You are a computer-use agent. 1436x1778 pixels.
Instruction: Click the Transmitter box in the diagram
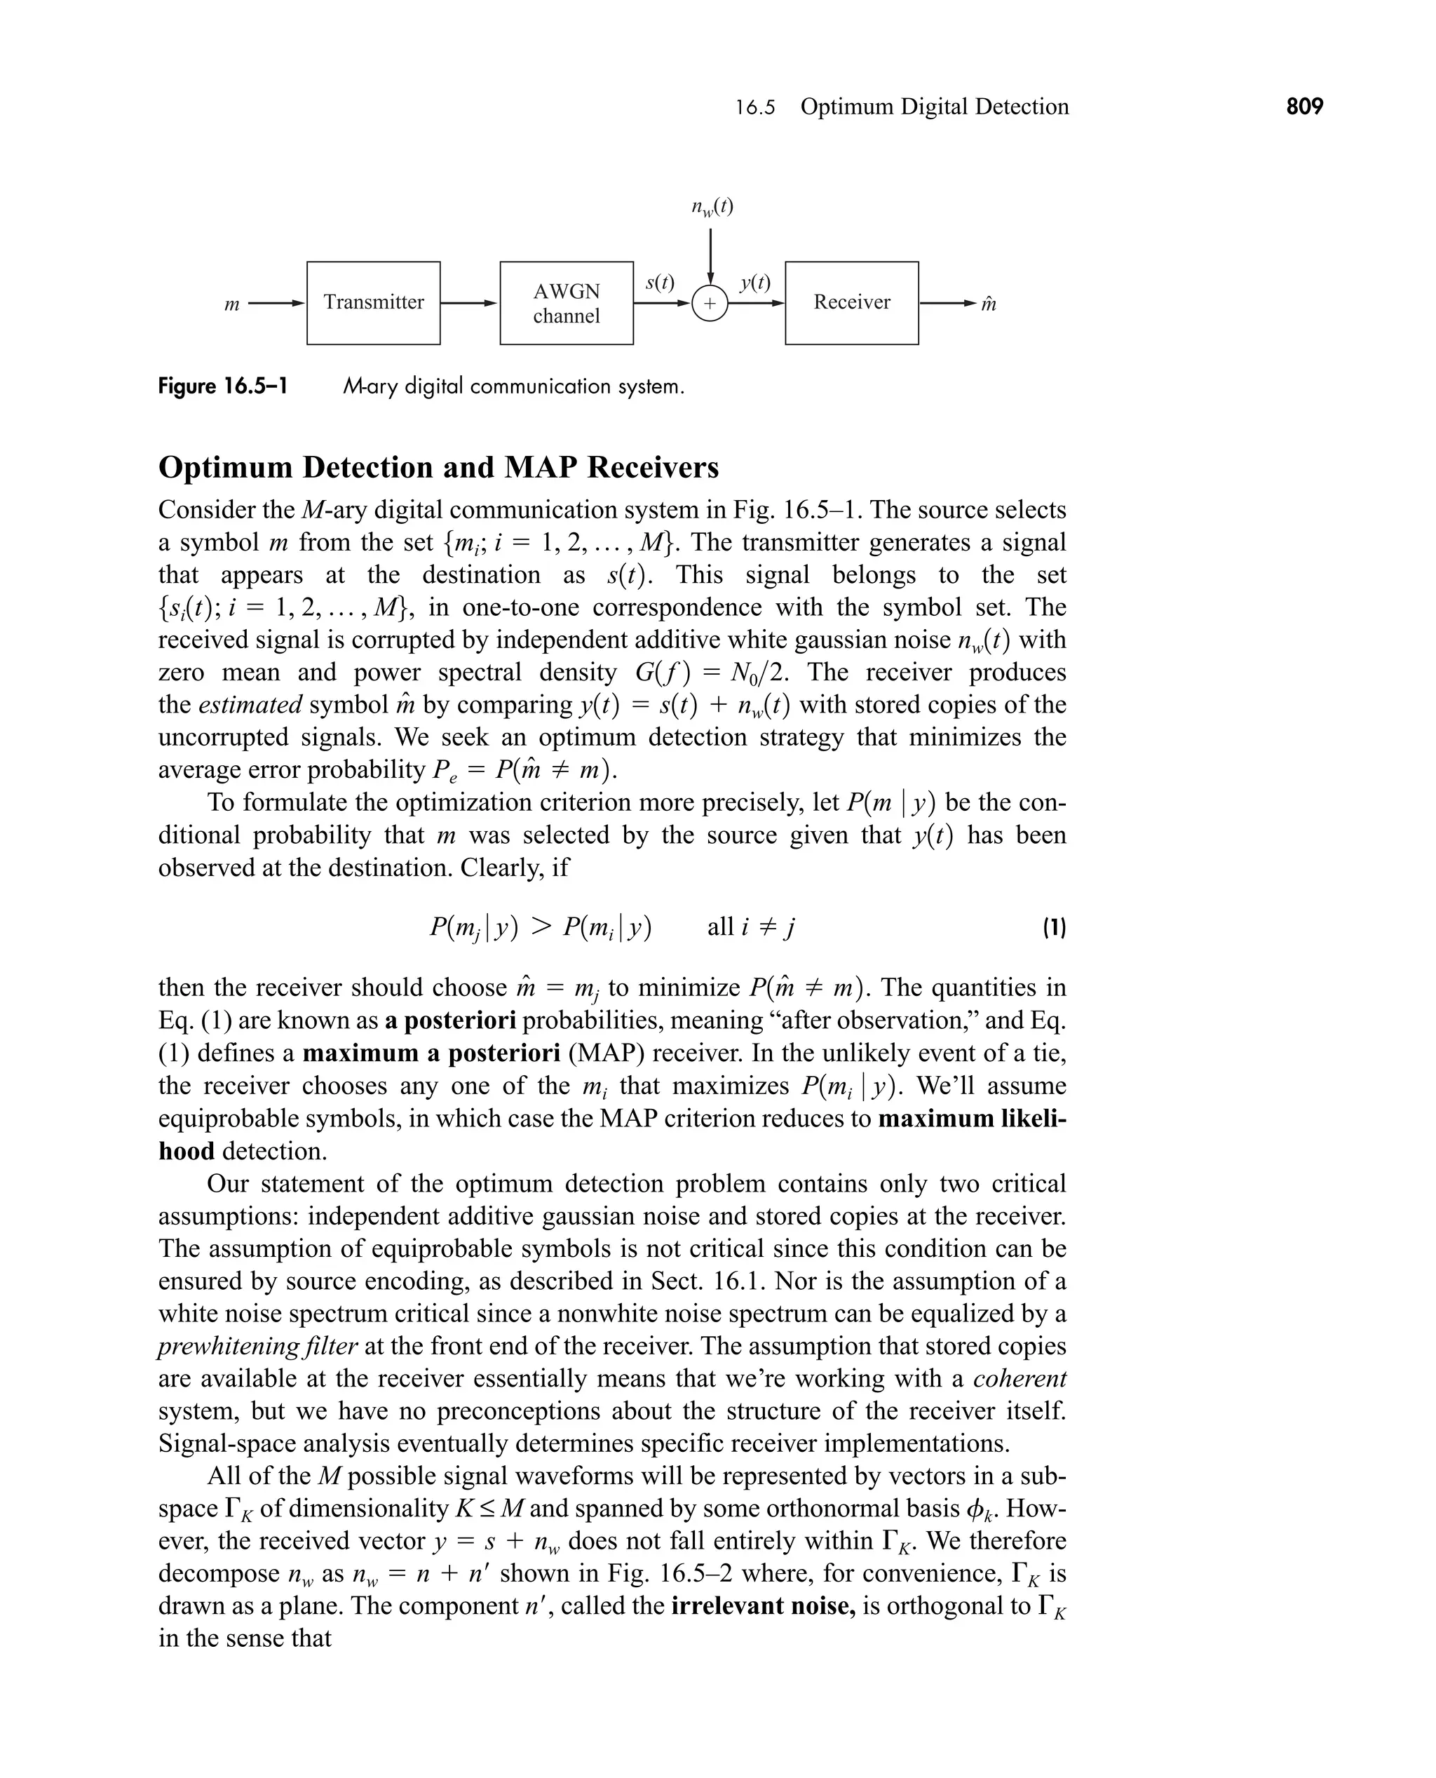point(373,303)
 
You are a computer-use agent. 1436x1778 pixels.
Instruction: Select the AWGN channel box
point(566,303)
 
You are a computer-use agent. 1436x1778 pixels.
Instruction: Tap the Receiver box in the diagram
point(851,303)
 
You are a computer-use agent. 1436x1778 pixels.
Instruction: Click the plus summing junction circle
point(709,304)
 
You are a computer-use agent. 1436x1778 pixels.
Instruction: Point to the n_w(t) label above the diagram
point(712,206)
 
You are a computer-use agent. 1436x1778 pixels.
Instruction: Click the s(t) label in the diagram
point(659,283)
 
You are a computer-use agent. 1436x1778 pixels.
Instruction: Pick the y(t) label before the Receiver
point(754,283)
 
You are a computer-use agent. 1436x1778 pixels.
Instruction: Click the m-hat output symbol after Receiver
point(989,304)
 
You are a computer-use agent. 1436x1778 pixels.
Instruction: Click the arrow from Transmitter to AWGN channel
point(469,303)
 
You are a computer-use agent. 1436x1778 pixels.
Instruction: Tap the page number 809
point(1304,107)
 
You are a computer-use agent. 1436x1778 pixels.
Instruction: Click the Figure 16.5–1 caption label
point(222,386)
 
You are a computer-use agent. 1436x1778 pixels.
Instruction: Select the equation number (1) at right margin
point(1054,927)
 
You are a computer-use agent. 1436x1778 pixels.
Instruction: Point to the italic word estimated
point(250,705)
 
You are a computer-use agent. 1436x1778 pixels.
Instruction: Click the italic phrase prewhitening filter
point(257,1346)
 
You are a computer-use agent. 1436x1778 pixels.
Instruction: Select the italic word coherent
point(1019,1378)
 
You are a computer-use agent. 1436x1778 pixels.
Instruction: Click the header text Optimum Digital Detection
point(934,107)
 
